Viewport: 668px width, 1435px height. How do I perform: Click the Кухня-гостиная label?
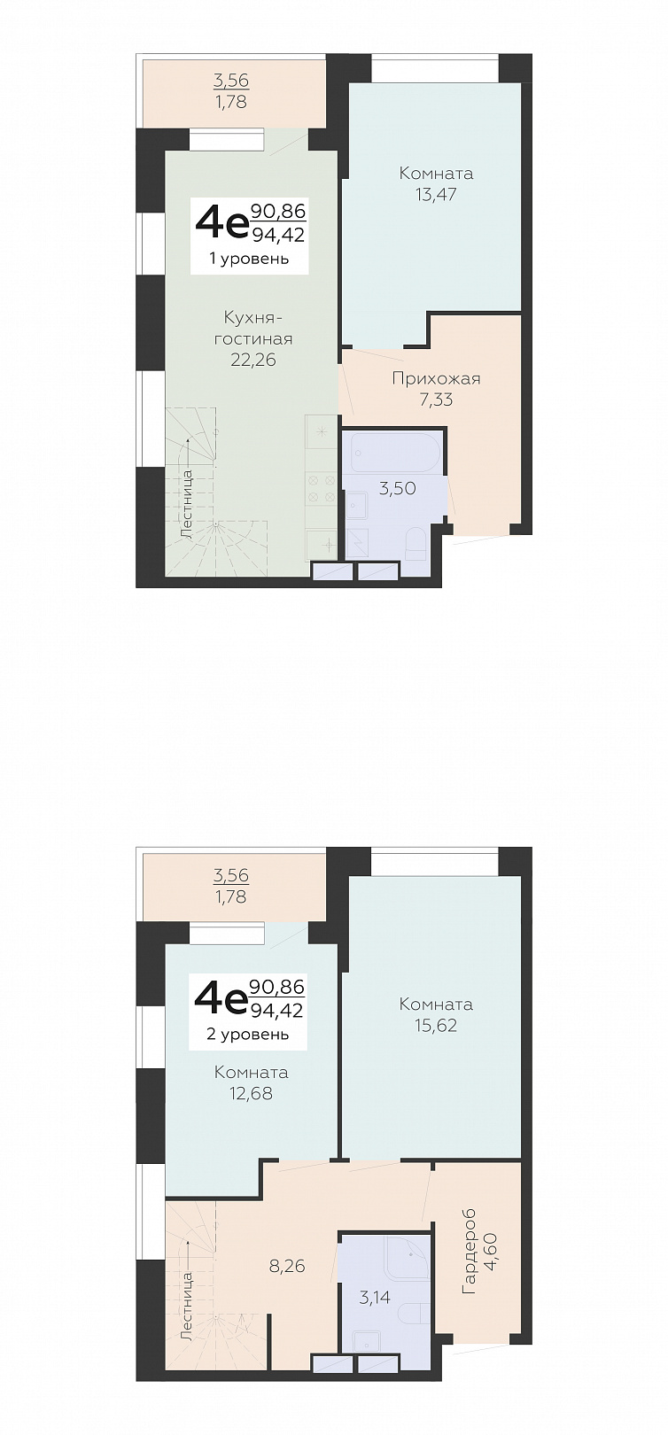click(x=253, y=328)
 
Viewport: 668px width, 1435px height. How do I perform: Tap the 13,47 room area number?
click(x=436, y=194)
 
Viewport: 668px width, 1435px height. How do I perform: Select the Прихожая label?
click(x=436, y=378)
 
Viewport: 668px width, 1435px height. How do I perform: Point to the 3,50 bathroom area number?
click(x=398, y=489)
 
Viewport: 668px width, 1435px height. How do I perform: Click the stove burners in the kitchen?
click(x=320, y=488)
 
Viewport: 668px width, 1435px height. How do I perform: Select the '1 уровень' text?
click(x=250, y=259)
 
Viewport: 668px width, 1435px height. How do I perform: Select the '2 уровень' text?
click(x=248, y=1034)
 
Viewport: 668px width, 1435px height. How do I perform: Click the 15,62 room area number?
click(x=436, y=1026)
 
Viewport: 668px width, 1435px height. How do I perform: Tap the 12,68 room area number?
click(x=252, y=1094)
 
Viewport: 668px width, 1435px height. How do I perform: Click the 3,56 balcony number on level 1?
click(x=231, y=80)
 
